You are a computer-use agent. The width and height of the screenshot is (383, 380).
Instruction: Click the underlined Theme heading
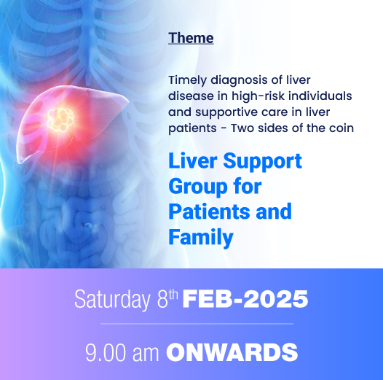(x=191, y=39)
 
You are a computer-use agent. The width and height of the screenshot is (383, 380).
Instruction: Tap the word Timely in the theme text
(x=188, y=81)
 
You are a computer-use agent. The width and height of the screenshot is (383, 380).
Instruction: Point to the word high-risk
(x=258, y=96)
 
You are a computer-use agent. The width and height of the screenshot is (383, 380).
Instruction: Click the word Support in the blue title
(x=262, y=162)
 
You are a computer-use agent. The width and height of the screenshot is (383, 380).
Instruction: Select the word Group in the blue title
(x=194, y=187)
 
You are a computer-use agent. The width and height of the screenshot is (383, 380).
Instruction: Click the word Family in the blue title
(x=201, y=237)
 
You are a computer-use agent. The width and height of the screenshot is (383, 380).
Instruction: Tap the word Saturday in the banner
(x=112, y=300)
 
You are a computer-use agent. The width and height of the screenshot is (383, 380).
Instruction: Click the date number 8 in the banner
(x=162, y=300)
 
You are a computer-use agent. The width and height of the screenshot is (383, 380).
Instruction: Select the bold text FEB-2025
(x=245, y=299)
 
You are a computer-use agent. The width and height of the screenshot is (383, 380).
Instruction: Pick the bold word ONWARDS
(x=232, y=352)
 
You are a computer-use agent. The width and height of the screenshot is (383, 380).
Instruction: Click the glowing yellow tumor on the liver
(x=60, y=120)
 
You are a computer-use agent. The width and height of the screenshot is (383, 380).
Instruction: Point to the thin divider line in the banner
(x=197, y=324)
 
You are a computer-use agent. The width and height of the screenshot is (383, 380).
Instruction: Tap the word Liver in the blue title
(x=193, y=161)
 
